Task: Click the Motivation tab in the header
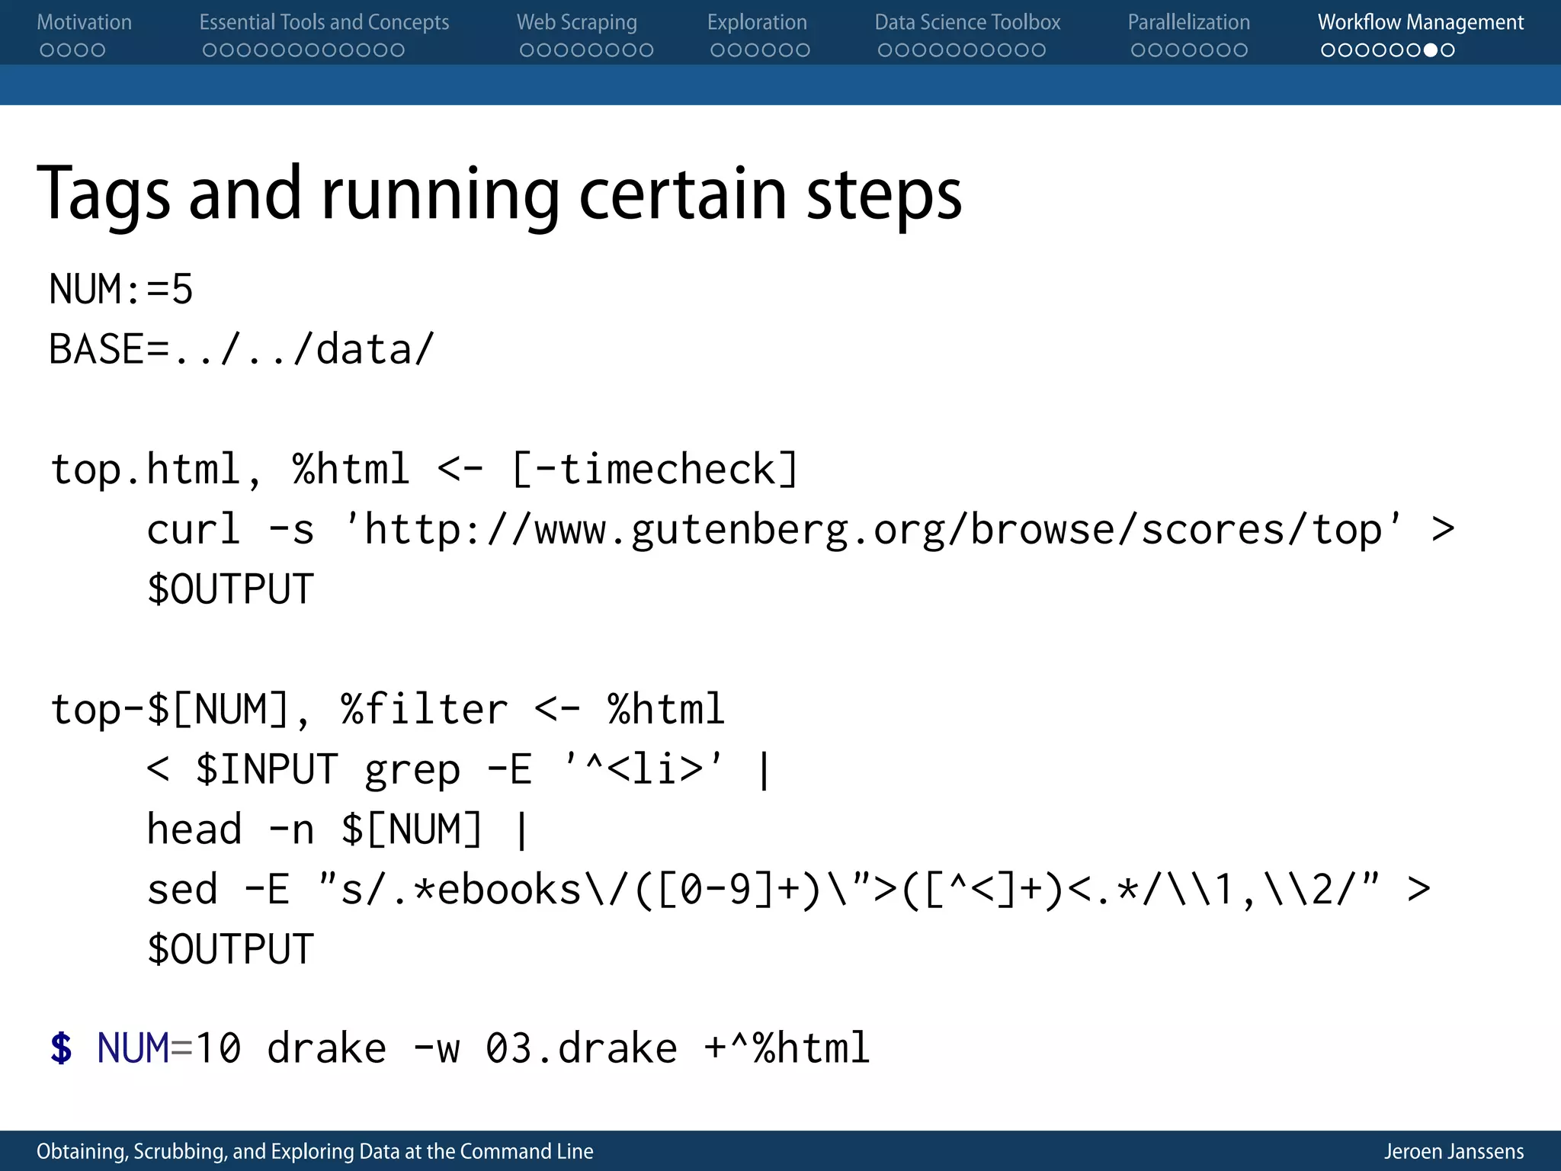click(84, 23)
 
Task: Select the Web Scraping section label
click(576, 23)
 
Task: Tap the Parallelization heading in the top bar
click(1188, 23)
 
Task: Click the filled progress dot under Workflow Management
click(1431, 50)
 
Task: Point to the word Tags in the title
click(103, 195)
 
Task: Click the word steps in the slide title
click(884, 195)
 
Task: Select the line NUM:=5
click(121, 290)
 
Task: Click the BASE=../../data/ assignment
click(241, 350)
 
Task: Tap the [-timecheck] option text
click(655, 469)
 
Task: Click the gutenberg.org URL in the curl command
click(873, 530)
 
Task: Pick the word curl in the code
click(194, 530)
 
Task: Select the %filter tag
click(424, 710)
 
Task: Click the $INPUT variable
click(266, 769)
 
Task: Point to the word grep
click(412, 769)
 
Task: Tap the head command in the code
click(194, 829)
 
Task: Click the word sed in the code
click(181, 890)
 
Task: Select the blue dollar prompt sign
click(61, 1048)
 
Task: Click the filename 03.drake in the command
click(581, 1048)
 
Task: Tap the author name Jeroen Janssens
click(1454, 1151)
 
